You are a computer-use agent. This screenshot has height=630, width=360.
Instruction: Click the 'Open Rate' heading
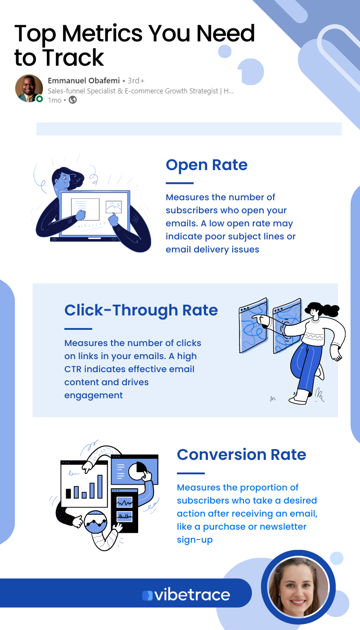207,165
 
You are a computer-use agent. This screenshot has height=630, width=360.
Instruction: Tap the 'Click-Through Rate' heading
141,310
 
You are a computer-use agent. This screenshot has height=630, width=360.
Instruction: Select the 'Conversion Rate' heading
241,454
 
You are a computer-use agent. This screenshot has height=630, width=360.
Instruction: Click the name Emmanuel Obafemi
84,81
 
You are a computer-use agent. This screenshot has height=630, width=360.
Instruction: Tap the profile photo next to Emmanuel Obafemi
29,88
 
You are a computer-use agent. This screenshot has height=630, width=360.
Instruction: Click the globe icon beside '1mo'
72,100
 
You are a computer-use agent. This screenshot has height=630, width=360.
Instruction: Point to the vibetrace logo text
192,594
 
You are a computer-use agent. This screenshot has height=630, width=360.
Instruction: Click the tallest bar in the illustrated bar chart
99,484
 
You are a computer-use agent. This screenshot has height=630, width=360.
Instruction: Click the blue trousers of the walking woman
306,364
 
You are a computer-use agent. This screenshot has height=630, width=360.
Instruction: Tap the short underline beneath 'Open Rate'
180,183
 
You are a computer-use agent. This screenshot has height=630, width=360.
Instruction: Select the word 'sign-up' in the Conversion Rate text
194,540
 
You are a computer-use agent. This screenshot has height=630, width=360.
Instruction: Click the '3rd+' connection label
136,81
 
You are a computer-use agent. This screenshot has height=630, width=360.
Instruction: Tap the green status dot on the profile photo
40,99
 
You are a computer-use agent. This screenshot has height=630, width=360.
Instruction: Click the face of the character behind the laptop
63,182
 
